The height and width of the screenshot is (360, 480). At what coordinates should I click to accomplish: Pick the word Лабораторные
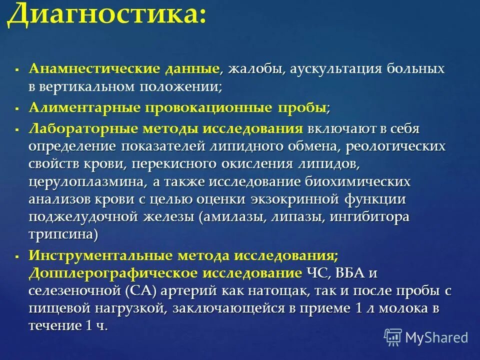(x=83, y=128)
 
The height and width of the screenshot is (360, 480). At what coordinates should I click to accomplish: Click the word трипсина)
(x=63, y=234)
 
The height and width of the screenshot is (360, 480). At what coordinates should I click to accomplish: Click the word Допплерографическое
(x=113, y=273)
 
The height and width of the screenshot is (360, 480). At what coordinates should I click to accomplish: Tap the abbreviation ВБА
(x=349, y=273)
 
